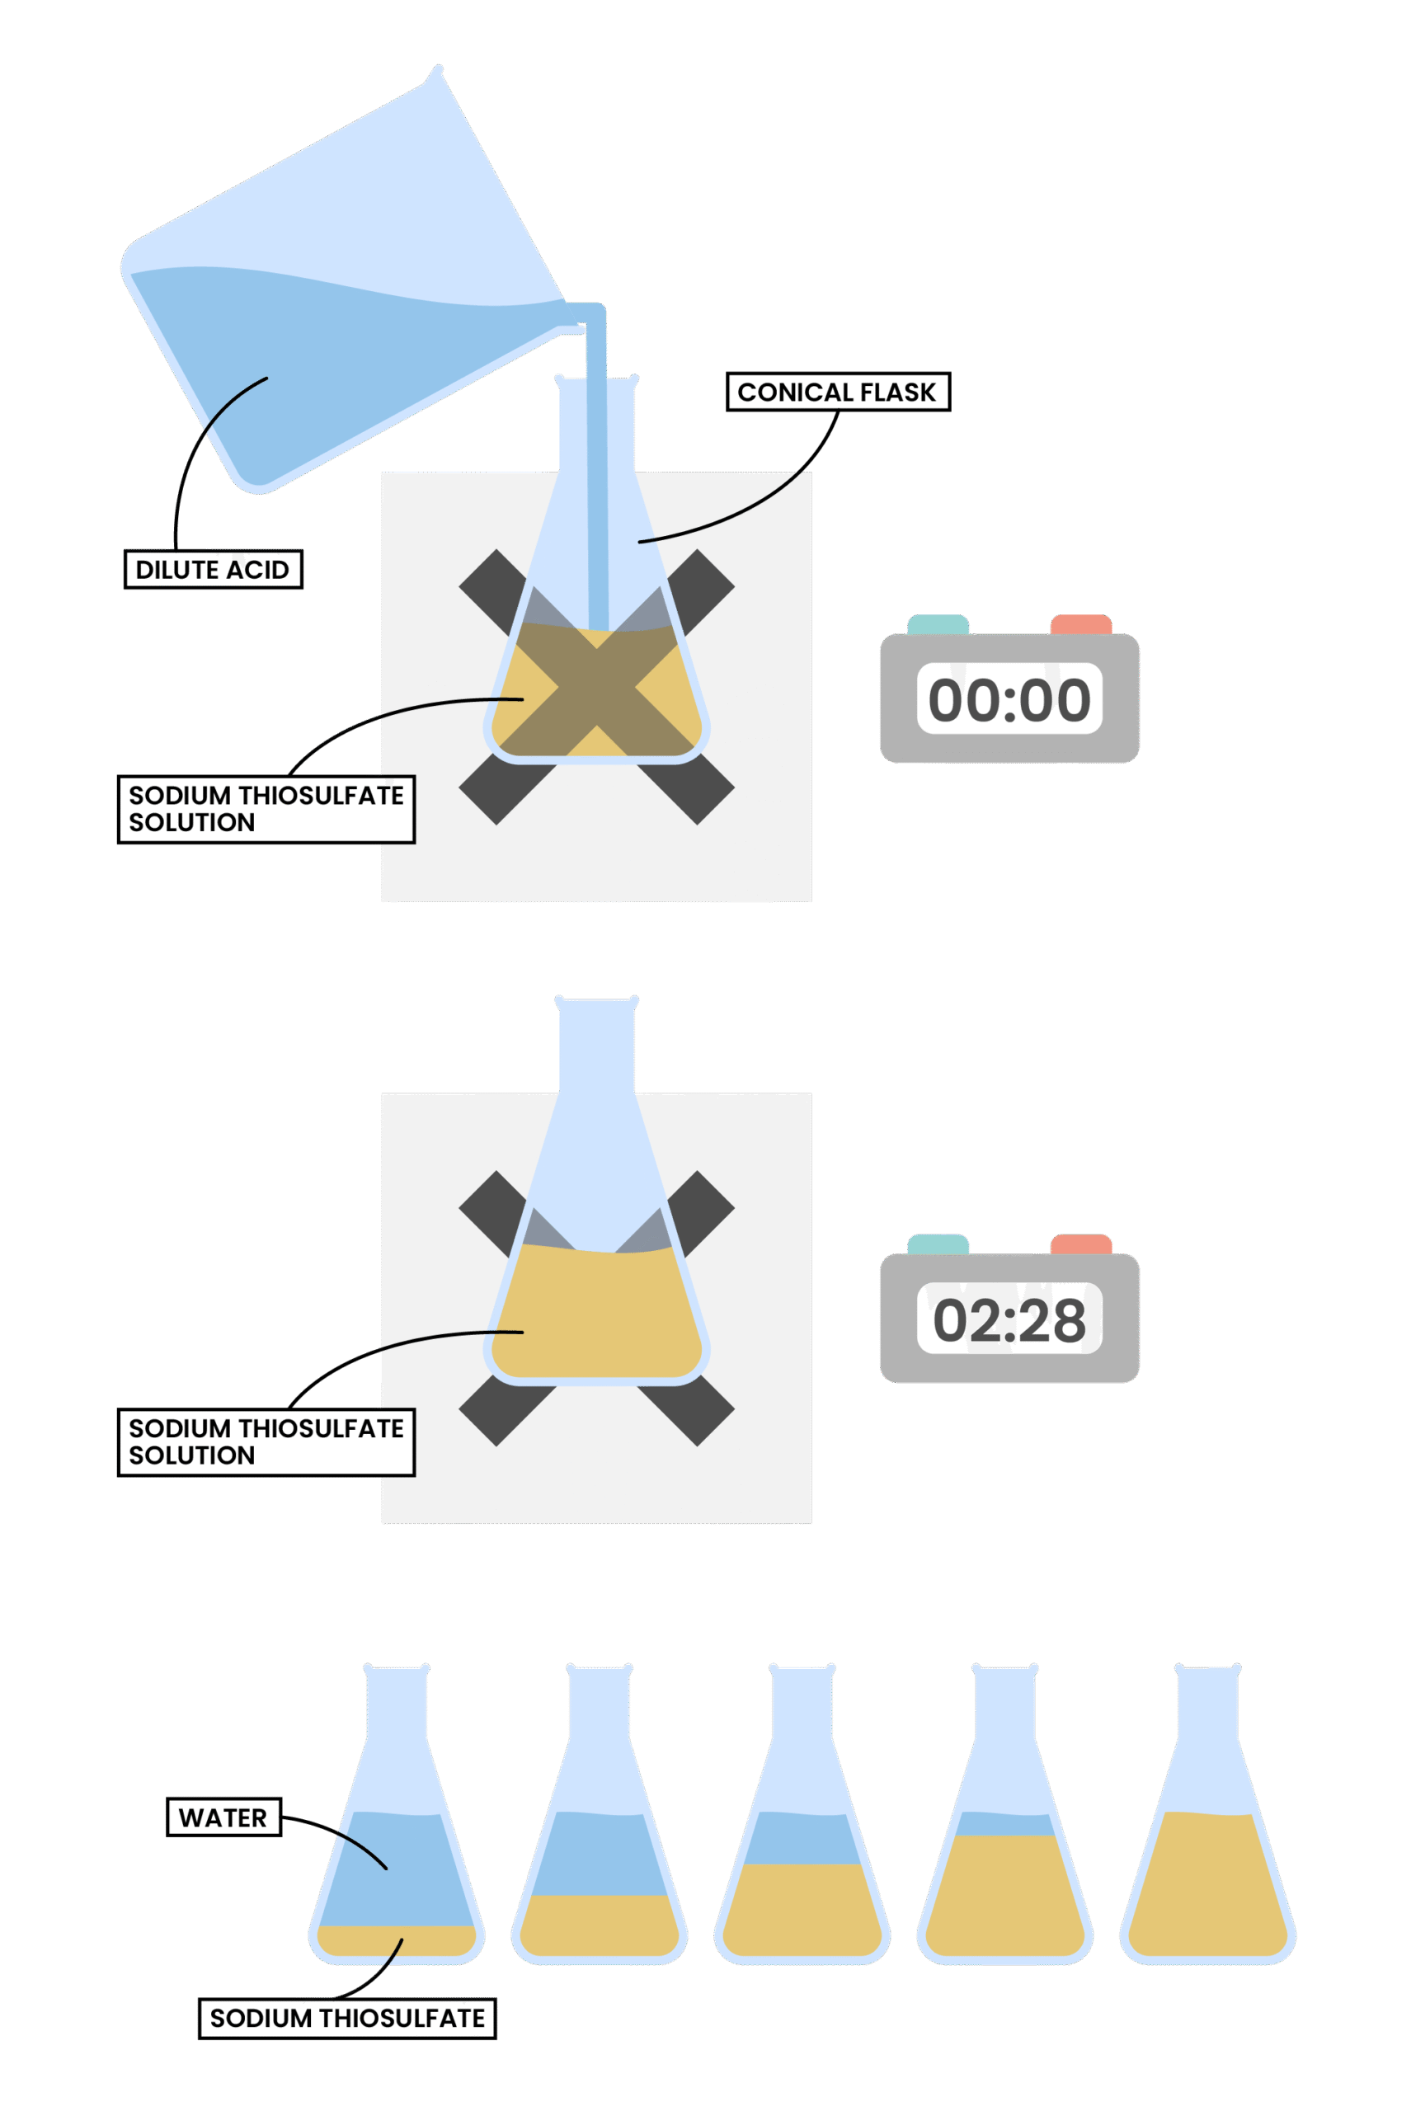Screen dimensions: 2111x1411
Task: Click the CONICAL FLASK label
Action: [838, 393]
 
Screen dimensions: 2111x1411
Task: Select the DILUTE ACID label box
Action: [213, 570]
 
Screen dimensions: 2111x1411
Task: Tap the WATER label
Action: [223, 1817]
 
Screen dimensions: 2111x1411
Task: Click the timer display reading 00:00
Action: [1009, 699]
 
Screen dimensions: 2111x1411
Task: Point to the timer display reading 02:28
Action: [1009, 1319]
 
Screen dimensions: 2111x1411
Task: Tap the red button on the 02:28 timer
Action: [1081, 1244]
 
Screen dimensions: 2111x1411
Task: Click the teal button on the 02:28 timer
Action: [938, 1244]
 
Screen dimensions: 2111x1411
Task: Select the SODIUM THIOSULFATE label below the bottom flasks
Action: [347, 2018]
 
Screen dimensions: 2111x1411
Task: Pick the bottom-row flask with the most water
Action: [397, 1872]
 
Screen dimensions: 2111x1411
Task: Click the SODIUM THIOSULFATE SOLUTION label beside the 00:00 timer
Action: [266, 809]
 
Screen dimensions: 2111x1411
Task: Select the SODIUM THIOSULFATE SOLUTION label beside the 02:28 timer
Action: [266, 1441]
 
